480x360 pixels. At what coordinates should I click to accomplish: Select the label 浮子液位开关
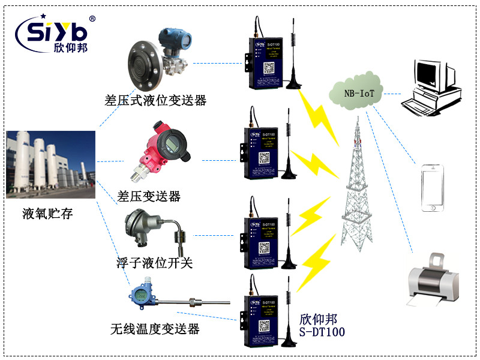pyautogui.click(x=155, y=262)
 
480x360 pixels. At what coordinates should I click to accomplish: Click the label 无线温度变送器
pyautogui.click(x=155, y=329)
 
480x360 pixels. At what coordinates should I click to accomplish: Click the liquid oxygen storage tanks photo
pyautogui.click(x=51, y=164)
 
